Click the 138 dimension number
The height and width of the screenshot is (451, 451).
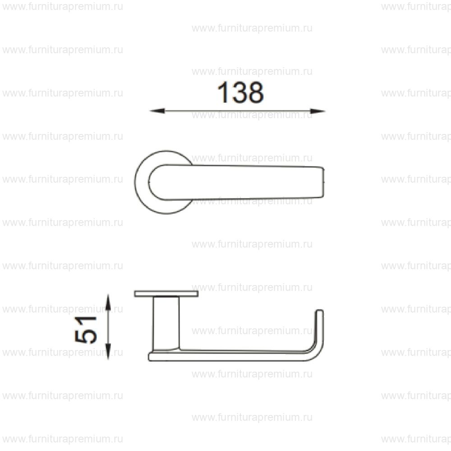[240, 92]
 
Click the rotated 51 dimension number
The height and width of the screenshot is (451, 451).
[86, 329]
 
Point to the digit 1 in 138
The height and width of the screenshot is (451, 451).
[222, 92]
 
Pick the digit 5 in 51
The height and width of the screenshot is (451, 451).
[86, 336]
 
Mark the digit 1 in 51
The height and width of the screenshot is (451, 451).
[86, 321]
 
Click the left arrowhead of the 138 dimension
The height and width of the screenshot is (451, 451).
[157, 111]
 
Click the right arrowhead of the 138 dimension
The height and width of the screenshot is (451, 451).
[318, 111]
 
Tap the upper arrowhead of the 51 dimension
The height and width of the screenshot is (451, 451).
[108, 302]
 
